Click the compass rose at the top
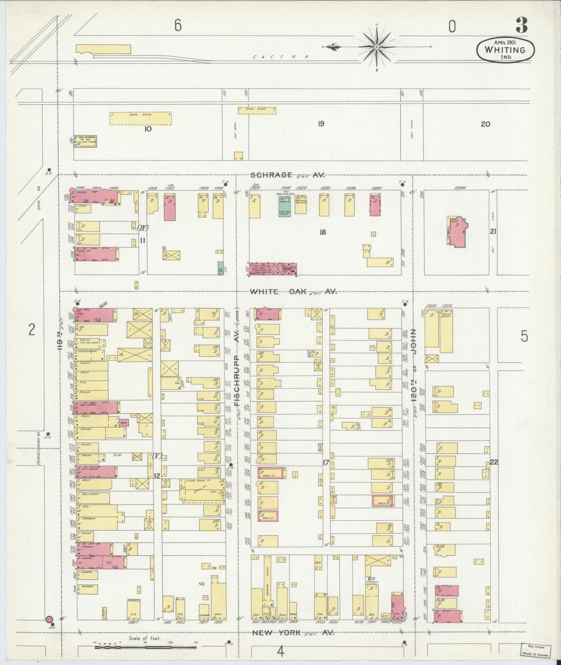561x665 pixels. pyautogui.click(x=377, y=47)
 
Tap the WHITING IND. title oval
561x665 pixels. pyautogui.click(x=505, y=50)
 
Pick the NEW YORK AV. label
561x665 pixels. pyautogui.click(x=293, y=633)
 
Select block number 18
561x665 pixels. pyautogui.click(x=322, y=232)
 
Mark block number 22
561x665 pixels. pyautogui.click(x=494, y=462)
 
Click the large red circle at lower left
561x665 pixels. pyautogui.click(x=50, y=620)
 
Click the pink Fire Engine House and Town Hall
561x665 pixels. pyautogui.click(x=273, y=269)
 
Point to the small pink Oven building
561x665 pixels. pyautogui.click(x=123, y=423)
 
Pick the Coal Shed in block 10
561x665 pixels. pyautogui.click(x=140, y=118)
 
